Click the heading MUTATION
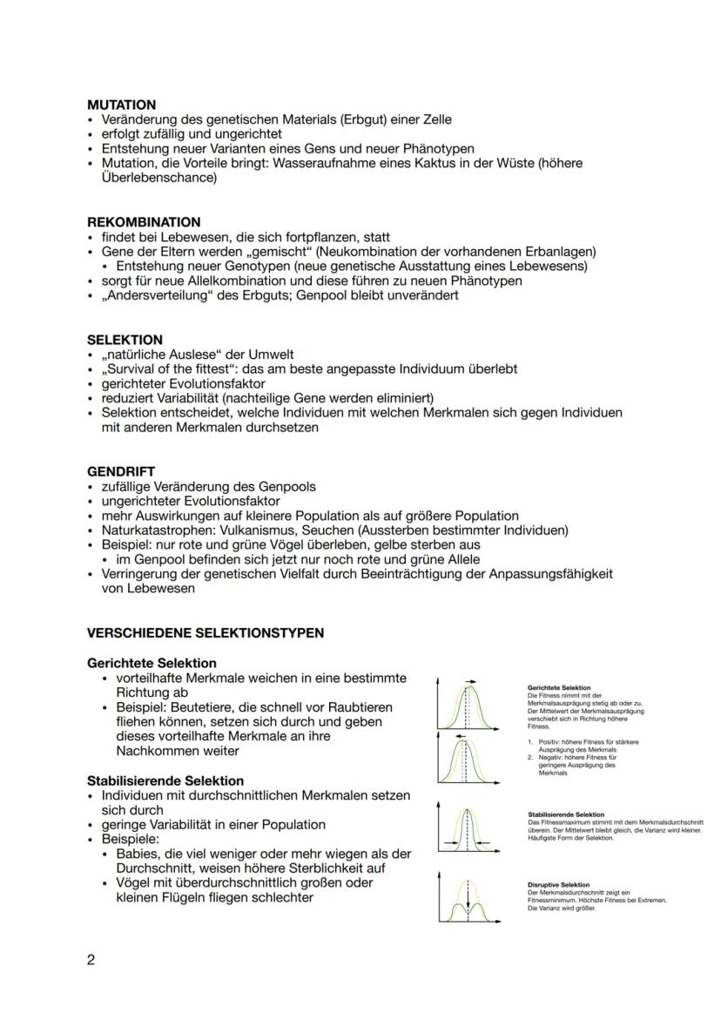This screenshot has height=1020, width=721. click(121, 105)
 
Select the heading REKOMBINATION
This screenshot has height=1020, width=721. click(144, 222)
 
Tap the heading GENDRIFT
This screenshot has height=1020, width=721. click(121, 472)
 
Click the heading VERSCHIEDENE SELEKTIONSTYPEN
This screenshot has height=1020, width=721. click(205, 632)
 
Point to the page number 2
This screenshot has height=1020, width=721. click(91, 961)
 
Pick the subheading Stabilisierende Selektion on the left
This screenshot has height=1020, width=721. click(165, 780)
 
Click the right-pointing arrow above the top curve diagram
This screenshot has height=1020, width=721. click(472, 679)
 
